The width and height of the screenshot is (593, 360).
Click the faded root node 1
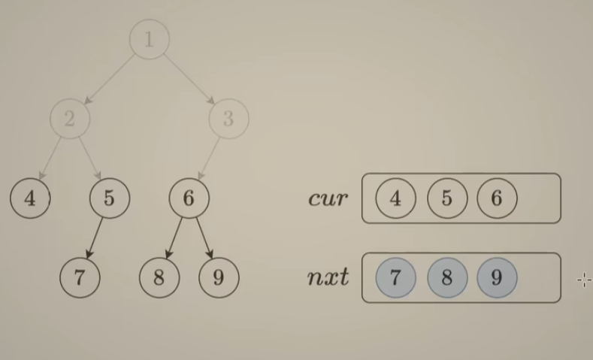tap(149, 39)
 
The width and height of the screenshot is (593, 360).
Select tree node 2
tap(70, 119)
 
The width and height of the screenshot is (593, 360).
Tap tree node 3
tap(228, 119)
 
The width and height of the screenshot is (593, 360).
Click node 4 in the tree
tap(30, 198)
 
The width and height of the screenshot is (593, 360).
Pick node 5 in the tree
tap(109, 198)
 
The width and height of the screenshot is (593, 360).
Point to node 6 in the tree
tap(189, 198)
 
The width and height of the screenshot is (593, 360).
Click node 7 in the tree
tap(80, 277)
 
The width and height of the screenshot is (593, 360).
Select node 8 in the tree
tap(159, 277)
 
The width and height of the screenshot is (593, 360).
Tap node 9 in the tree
tap(218, 277)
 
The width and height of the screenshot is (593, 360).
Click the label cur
tap(328, 198)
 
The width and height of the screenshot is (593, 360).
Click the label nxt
tap(328, 277)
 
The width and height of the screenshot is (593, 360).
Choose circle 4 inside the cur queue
tap(396, 198)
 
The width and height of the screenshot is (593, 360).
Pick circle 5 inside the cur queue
tap(446, 198)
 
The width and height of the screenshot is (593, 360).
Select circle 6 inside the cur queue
tap(496, 198)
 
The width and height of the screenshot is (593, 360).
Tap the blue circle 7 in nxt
tap(396, 277)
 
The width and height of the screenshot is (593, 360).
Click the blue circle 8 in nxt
tap(446, 277)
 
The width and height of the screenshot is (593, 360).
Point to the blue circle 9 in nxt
tap(496, 277)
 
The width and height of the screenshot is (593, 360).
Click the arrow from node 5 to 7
tap(95, 237)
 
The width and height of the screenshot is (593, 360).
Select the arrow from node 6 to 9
tap(203, 237)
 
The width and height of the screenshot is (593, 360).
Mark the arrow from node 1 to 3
tap(189, 79)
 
